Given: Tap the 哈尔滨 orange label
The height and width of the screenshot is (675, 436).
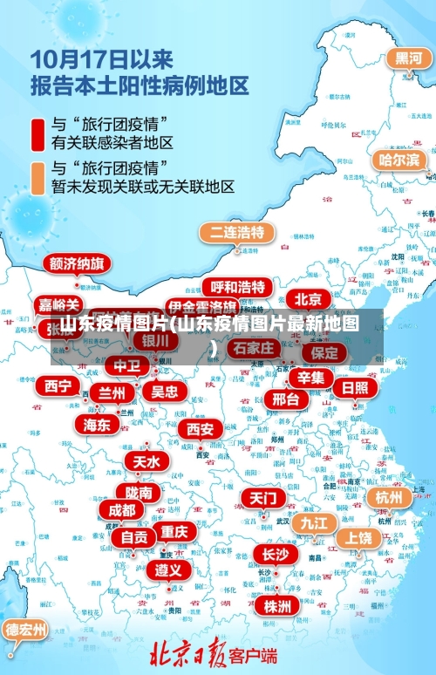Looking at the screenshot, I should tap(399, 160).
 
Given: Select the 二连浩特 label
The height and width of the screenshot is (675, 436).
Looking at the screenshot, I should tap(237, 233).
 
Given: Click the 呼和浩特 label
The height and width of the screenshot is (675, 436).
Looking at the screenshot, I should tap(237, 287).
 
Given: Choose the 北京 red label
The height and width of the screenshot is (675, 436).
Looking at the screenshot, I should tap(308, 298).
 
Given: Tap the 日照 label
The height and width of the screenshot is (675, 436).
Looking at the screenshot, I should tap(354, 387).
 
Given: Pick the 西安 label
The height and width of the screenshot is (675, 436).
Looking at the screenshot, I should tap(201, 429).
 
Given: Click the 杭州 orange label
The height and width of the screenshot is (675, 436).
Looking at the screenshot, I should tap(389, 497).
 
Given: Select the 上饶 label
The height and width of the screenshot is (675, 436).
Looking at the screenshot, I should tap(357, 538).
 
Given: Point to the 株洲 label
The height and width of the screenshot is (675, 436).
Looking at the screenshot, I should tap(278, 606).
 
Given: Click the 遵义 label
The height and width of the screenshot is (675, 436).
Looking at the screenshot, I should tap(168, 570).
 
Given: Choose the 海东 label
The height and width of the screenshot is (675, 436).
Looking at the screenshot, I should tap(97, 425).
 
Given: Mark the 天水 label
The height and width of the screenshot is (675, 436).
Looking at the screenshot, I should tap(146, 461).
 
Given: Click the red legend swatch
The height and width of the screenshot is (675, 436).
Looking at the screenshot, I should tap(38, 131).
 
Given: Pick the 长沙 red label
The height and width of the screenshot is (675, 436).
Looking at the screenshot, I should tap(275, 554).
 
